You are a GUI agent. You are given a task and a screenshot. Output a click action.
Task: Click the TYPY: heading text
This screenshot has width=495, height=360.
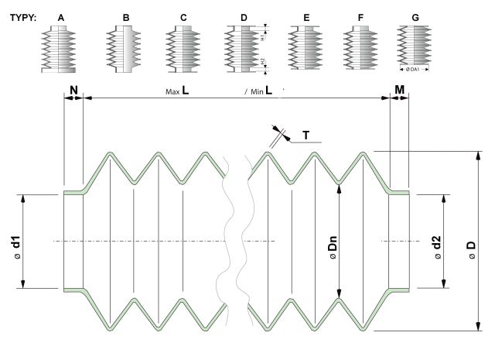tap(24, 15)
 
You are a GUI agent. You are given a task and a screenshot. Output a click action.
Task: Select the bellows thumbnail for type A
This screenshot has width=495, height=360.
tap(60, 50)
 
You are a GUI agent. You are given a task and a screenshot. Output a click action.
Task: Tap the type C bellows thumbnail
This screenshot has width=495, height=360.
tap(183, 50)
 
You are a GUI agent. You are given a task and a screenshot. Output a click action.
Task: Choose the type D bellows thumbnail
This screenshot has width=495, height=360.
tap(243, 50)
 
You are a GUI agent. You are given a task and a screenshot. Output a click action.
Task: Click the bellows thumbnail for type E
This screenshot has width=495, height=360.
tap(305, 50)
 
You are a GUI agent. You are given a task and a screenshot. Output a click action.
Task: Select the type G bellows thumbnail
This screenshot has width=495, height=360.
tap(413, 46)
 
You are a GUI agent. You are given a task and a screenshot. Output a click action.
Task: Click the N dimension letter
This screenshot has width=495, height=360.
tap(73, 90)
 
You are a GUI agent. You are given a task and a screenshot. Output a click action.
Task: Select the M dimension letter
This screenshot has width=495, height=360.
tap(400, 90)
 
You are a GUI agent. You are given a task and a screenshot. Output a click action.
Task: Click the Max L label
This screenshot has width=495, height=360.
tap(179, 91)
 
